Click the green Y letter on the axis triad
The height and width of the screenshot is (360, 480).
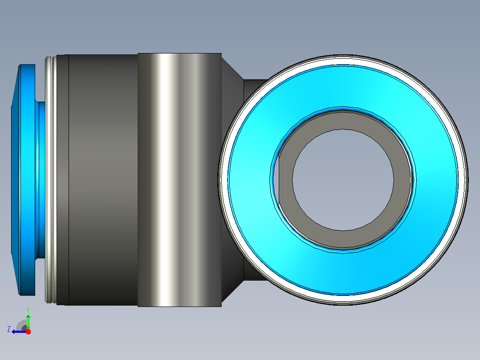coord(28,310)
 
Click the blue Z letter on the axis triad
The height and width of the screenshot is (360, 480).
coord(9,329)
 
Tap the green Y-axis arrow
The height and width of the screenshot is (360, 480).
coord(28,322)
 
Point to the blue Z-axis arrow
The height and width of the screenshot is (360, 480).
coord(19,332)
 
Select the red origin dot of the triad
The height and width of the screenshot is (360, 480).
coord(28,331)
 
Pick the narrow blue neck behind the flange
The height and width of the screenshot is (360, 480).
coord(41,180)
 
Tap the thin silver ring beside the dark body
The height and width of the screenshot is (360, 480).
coord(51,180)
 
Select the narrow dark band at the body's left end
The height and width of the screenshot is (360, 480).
coord(63,180)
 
